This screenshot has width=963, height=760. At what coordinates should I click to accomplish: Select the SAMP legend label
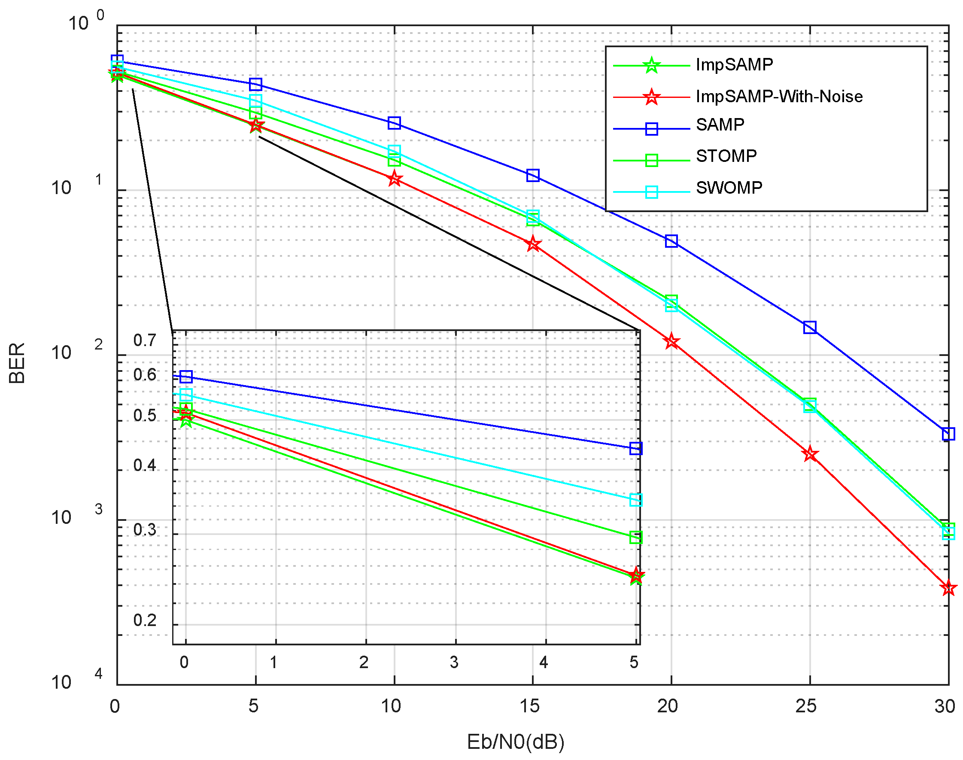click(720, 125)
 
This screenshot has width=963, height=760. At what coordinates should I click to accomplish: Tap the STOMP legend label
click(726, 156)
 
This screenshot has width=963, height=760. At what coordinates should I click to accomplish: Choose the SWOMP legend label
click(729, 188)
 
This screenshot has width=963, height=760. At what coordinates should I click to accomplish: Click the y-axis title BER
click(17, 363)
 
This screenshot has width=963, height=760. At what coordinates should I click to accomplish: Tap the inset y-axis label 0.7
click(145, 340)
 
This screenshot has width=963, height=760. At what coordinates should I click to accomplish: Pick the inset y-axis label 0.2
click(145, 620)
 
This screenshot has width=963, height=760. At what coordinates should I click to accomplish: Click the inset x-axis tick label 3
click(454, 663)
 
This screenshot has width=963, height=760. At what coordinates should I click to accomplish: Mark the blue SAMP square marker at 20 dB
click(671, 241)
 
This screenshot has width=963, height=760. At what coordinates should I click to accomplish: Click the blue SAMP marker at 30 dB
click(948, 434)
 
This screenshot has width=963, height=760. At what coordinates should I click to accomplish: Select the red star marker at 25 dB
click(810, 454)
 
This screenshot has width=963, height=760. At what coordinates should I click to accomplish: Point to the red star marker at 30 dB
click(948, 588)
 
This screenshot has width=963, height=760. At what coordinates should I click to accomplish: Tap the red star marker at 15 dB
click(533, 244)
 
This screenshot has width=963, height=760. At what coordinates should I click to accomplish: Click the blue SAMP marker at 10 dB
click(394, 123)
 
